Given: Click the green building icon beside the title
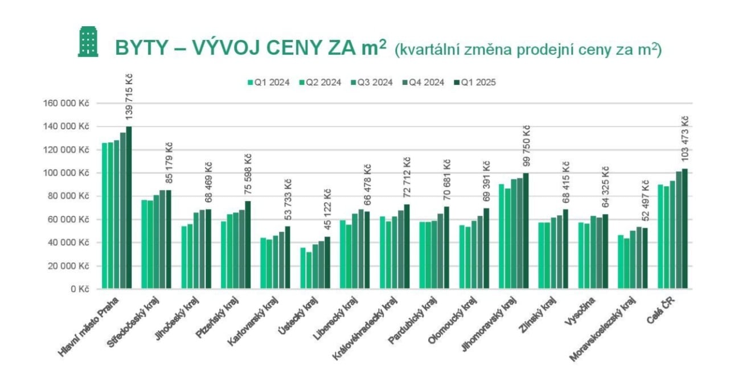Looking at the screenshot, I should [x=88, y=42].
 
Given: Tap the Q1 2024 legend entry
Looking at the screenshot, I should [x=267, y=82].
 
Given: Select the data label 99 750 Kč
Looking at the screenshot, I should [x=526, y=146].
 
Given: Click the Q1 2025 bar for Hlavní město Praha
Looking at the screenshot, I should [x=129, y=208].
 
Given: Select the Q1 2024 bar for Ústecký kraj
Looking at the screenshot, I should [x=302, y=268].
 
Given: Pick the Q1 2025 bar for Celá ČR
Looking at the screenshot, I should [x=684, y=229].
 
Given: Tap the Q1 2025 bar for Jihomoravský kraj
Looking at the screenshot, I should [x=526, y=231].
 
